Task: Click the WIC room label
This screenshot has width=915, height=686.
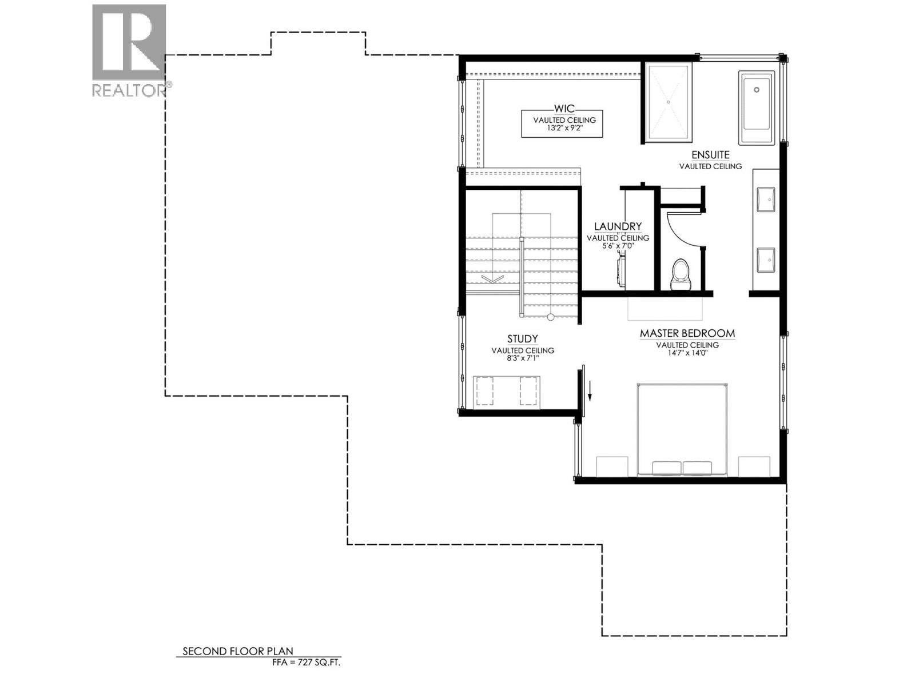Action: pos(564,109)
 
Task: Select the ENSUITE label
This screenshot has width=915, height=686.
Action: pos(710,155)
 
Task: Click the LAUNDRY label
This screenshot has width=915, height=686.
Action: pos(618,226)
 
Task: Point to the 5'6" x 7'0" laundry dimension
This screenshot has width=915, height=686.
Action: pos(618,246)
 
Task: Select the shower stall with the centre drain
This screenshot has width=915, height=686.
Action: pos(668,102)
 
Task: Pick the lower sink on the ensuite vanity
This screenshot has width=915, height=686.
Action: pos(765,260)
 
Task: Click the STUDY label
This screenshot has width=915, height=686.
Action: pos(522,339)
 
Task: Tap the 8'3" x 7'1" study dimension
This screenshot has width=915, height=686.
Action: pos(522,358)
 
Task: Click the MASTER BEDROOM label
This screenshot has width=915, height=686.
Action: pos(687,333)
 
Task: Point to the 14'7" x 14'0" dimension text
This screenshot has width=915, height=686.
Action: pos(687,353)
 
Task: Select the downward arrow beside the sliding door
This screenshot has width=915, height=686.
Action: pos(591,391)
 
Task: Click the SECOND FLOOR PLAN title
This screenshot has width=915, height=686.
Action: pos(237,651)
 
